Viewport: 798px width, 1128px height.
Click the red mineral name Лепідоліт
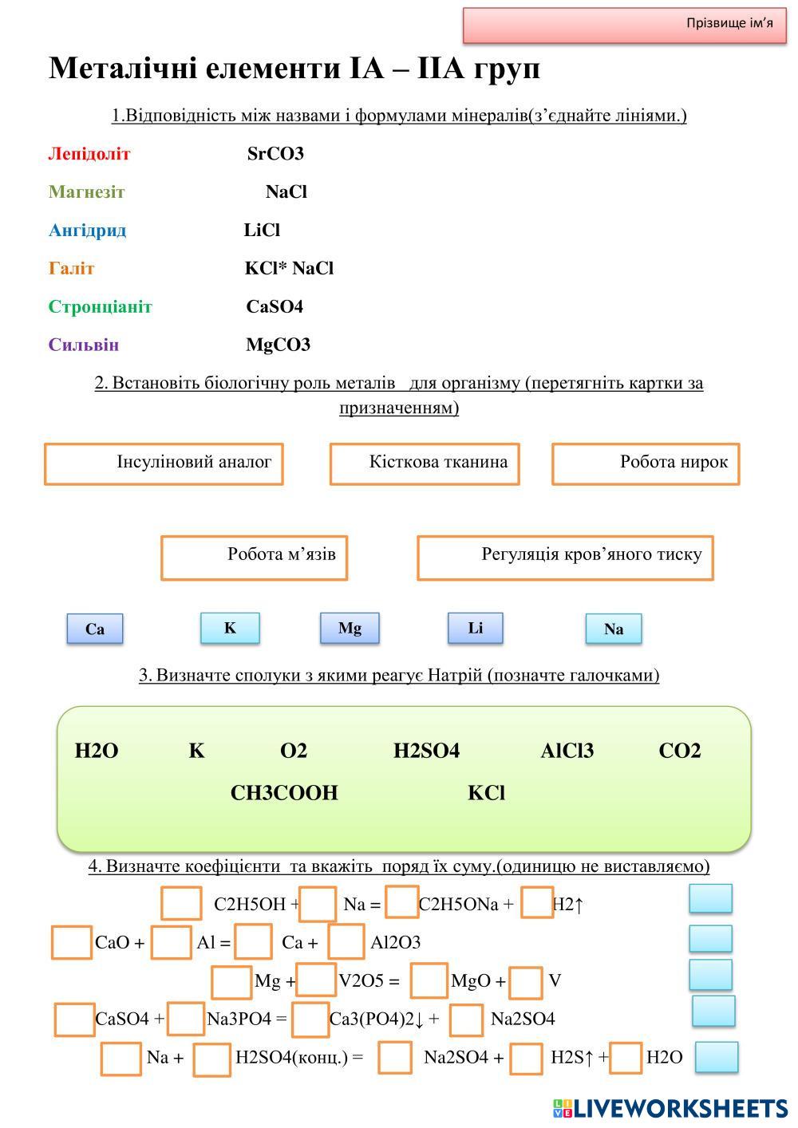(89, 154)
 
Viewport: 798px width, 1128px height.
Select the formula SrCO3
(275, 154)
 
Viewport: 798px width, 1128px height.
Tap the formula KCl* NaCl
(289, 269)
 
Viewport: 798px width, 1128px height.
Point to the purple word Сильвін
(84, 345)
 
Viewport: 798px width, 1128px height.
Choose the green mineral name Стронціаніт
(101, 307)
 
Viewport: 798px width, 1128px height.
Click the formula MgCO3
(278, 345)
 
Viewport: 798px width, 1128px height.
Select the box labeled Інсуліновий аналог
(164, 463)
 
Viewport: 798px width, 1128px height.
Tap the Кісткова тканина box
(425, 463)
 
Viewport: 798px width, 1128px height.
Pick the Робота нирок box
(646, 463)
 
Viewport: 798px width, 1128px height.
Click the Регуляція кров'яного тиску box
(565, 557)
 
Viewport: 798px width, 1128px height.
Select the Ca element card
(95, 629)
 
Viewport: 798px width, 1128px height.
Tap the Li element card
(476, 628)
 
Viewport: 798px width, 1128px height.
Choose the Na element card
(614, 629)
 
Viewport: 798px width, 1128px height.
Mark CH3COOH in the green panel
(284, 793)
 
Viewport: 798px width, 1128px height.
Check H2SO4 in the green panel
(426, 751)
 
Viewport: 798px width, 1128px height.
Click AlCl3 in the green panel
(567, 751)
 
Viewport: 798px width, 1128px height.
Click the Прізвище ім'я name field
(625, 25)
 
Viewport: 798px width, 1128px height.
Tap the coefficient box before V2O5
(316, 980)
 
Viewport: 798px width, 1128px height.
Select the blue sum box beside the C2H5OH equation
(710, 898)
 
